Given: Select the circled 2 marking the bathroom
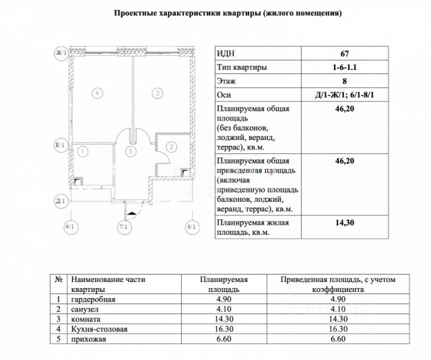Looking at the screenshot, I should pyautogui.click(x=172, y=146).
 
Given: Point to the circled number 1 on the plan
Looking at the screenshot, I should pyautogui.click(x=82, y=151).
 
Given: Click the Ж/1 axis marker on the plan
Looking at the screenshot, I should pyautogui.click(x=60, y=53).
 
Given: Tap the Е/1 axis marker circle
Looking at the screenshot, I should pyautogui.click(x=60, y=145).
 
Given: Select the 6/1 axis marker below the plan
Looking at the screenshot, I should pyautogui.click(x=69, y=227).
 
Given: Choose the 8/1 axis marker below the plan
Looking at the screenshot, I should pyautogui.click(x=191, y=227).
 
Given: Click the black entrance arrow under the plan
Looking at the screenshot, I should pyautogui.click(x=133, y=213).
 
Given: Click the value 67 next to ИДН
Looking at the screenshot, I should pyautogui.click(x=345, y=54).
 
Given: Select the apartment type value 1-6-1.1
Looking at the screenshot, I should pyautogui.click(x=345, y=68).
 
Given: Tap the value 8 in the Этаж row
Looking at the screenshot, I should pyautogui.click(x=345, y=81).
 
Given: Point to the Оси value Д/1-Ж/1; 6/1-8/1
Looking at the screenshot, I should pyautogui.click(x=345, y=95).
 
